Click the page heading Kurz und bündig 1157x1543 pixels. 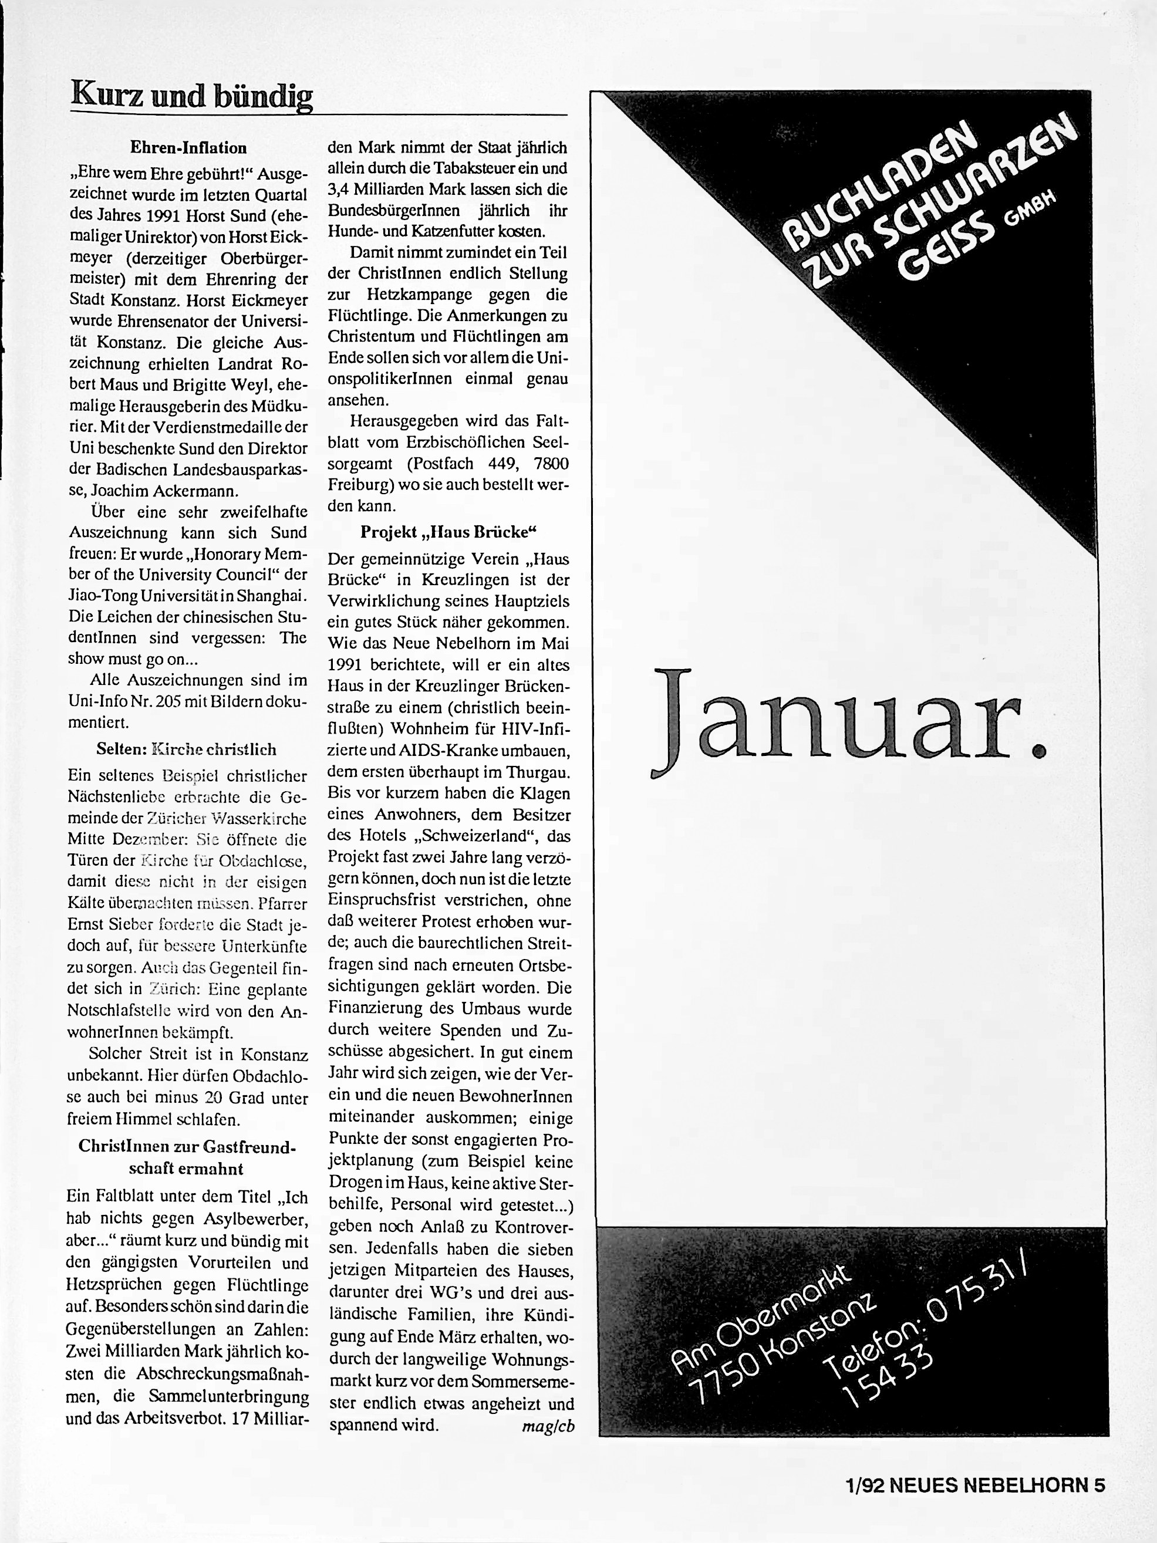coord(191,96)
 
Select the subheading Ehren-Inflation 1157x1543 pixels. coord(188,148)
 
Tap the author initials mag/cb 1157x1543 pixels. coord(548,1426)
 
